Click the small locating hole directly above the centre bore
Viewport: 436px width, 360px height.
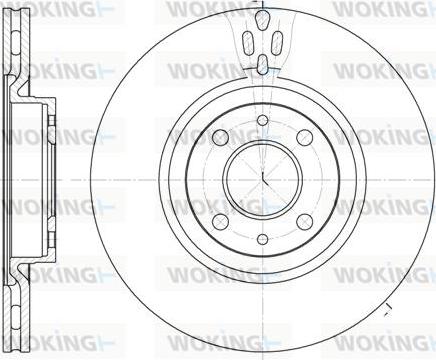tap(262, 121)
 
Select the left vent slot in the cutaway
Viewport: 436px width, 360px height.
tap(247, 45)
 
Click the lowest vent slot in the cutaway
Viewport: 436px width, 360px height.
tap(262, 65)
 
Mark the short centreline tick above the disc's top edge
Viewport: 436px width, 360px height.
tap(262, 5)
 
